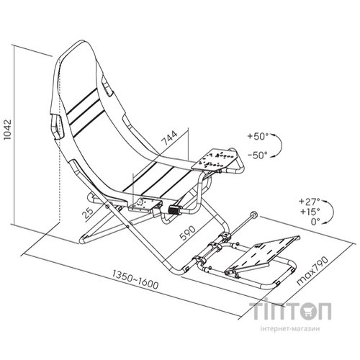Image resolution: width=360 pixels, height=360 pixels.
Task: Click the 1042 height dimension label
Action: (8, 129)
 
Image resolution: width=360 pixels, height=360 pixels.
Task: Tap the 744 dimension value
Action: (169, 138)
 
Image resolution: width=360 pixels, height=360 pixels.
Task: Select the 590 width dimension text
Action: (189, 233)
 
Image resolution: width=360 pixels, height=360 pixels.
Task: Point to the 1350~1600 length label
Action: (135, 279)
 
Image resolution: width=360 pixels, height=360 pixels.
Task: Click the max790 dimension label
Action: (312, 271)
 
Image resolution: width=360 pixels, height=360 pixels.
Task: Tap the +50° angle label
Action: (258, 136)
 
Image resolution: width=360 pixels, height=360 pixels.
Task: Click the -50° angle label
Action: (258, 156)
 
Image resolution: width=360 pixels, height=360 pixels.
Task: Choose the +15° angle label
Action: (310, 212)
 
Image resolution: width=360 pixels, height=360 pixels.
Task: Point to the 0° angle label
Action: (315, 222)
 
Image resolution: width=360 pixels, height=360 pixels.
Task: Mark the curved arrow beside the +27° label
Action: (330, 211)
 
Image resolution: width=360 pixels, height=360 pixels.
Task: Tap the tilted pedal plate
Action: (262, 255)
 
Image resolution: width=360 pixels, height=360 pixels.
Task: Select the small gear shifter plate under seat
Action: (144, 204)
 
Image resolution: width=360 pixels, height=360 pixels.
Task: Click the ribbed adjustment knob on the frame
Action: (174, 210)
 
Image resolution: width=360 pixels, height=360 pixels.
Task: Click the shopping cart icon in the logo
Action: (308, 310)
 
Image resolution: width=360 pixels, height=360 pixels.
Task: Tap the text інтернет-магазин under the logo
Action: (290, 328)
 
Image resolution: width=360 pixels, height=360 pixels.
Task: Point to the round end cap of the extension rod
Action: (253, 214)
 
